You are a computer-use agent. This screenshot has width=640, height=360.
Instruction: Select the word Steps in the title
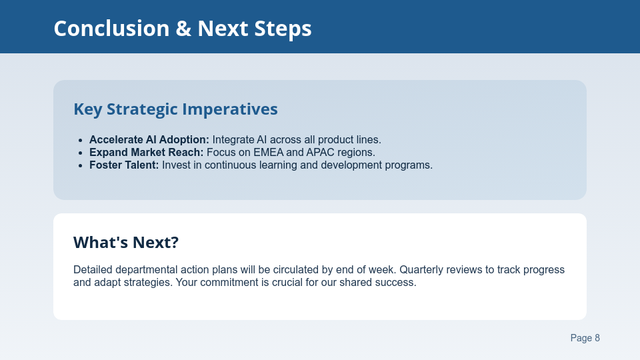tap(283, 29)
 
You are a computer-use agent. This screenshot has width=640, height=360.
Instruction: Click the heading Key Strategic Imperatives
tap(175, 109)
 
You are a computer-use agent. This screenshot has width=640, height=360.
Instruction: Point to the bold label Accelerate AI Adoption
tap(149, 140)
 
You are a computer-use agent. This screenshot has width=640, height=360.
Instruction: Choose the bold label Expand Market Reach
tap(146, 153)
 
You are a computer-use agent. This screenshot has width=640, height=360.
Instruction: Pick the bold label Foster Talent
tap(124, 165)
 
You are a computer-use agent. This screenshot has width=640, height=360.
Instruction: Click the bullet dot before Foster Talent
tap(80, 165)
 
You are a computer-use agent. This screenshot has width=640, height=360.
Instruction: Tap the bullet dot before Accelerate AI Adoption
tap(80, 140)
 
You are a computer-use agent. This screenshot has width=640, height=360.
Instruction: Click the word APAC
tap(319, 153)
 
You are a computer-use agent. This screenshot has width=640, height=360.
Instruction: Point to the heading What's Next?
tap(126, 243)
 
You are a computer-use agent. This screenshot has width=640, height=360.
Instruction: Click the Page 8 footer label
tap(585, 338)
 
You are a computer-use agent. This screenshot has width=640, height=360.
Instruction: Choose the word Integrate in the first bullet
tap(234, 140)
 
